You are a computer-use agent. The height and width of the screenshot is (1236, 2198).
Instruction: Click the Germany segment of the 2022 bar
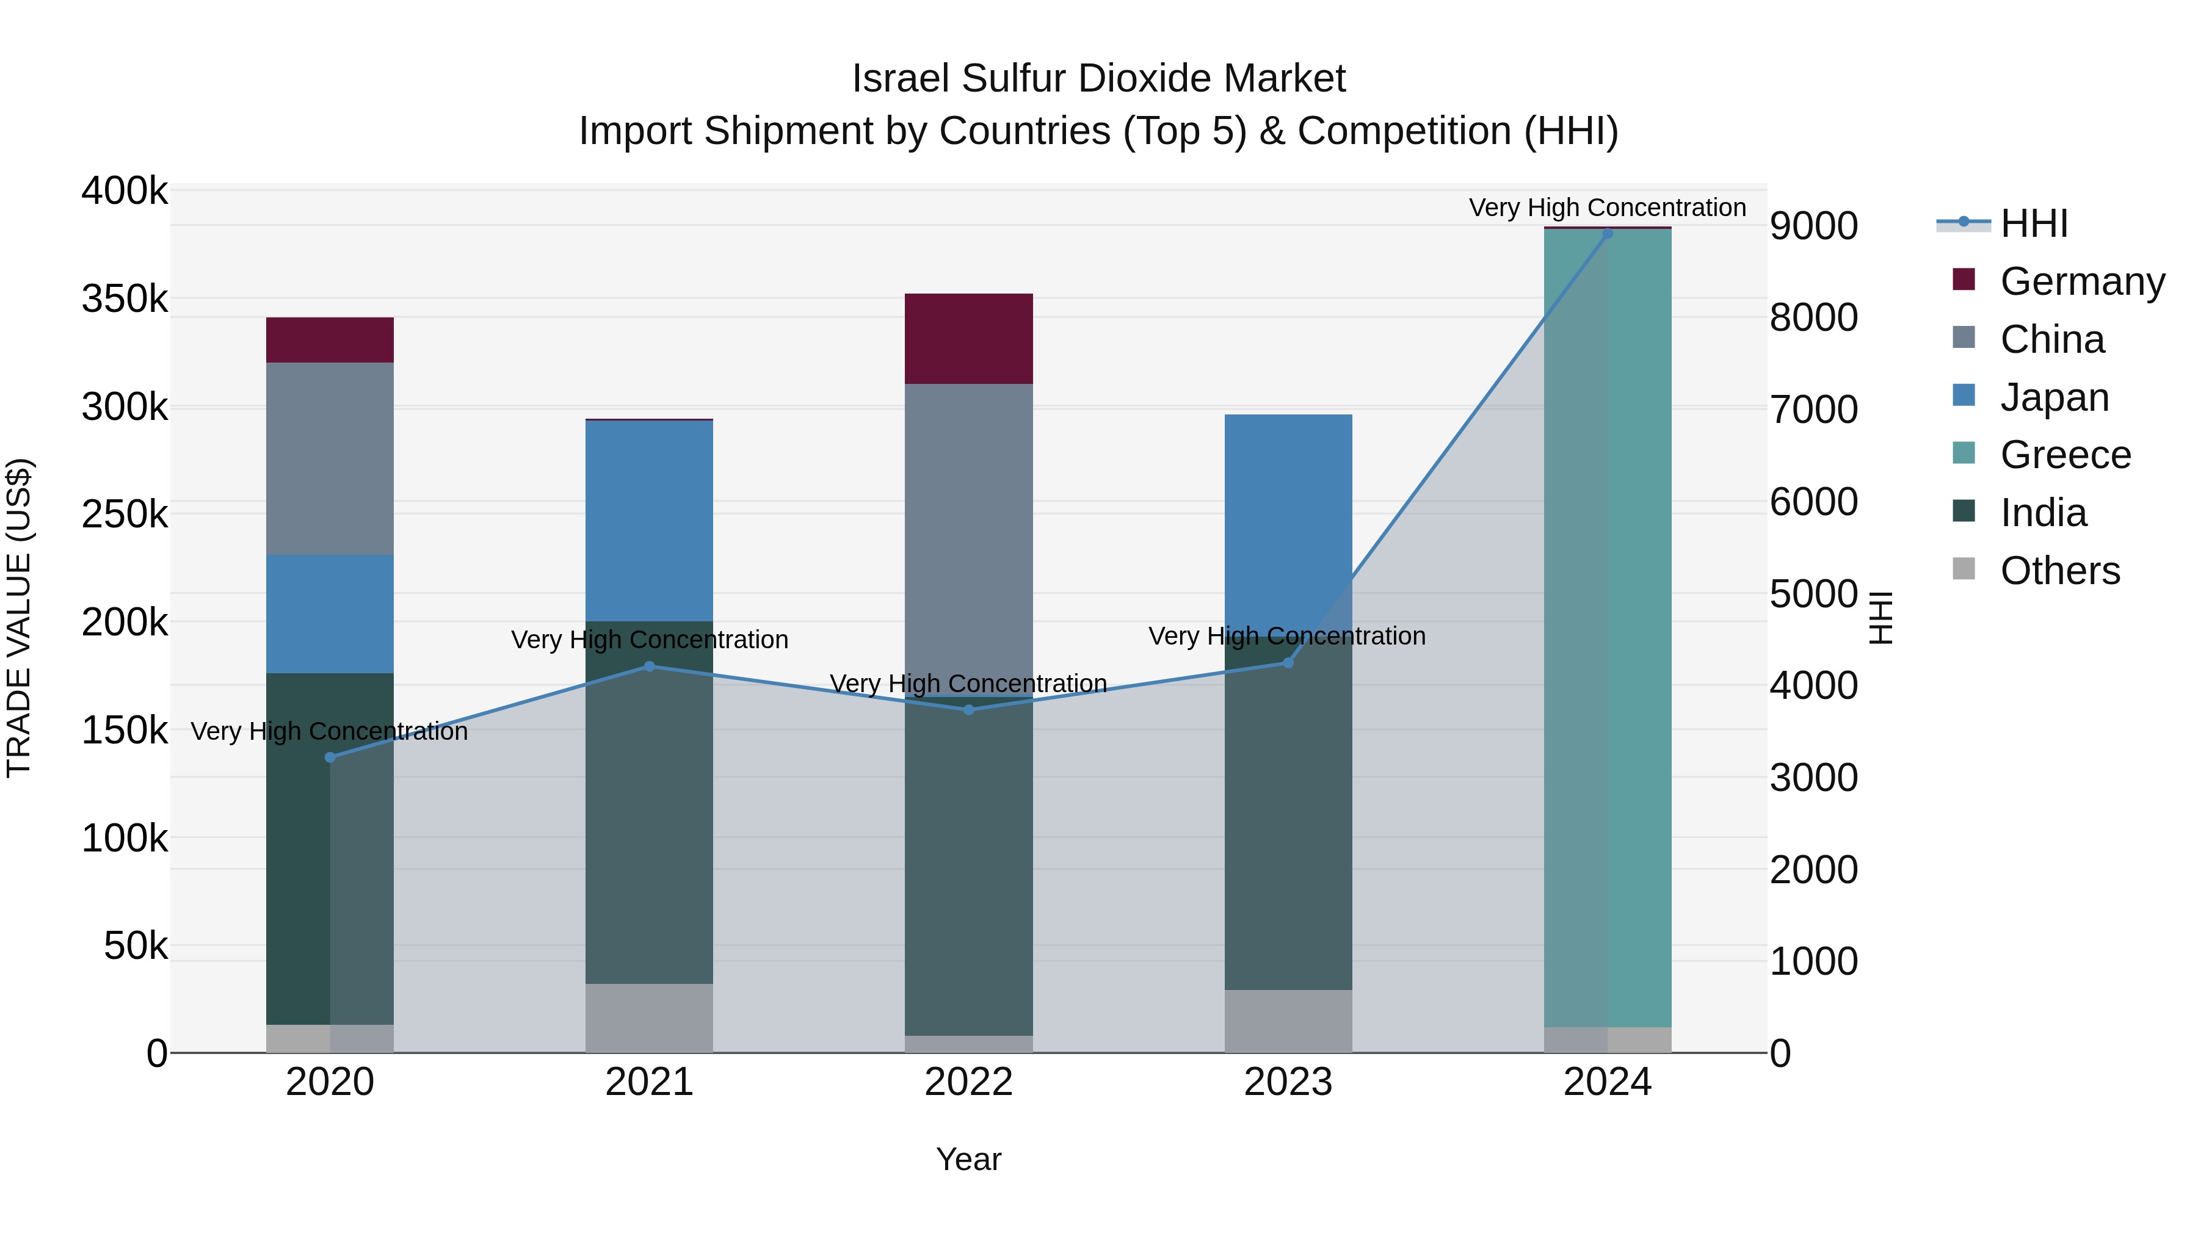click(x=968, y=339)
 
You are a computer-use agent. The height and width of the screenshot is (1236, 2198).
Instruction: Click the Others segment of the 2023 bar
click(x=1288, y=1021)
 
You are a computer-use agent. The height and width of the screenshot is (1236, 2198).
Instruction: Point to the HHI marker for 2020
click(x=330, y=757)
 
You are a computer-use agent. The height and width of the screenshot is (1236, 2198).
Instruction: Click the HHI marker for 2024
click(x=1608, y=234)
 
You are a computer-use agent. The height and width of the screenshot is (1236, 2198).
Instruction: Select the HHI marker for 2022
click(x=968, y=710)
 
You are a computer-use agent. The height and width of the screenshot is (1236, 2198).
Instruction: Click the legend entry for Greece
click(x=2065, y=455)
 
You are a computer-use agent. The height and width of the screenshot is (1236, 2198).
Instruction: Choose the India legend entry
click(x=2043, y=513)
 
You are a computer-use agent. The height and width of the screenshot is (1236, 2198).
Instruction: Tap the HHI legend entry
click(x=2033, y=223)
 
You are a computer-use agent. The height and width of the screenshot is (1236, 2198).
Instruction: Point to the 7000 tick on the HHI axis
click(x=1814, y=410)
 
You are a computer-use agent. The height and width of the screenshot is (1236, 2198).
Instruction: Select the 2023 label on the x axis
click(x=1288, y=1082)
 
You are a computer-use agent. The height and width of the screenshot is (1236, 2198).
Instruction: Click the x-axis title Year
click(x=968, y=1159)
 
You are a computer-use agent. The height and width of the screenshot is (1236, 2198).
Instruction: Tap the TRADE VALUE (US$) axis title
click(x=19, y=618)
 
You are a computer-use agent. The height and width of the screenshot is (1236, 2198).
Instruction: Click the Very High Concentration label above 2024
click(x=1608, y=208)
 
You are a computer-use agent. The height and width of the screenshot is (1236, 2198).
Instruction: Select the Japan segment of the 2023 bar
click(x=1288, y=524)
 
